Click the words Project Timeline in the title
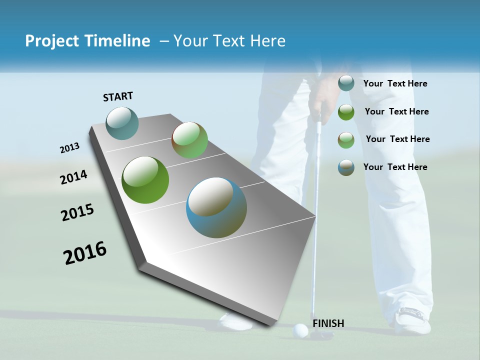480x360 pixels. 87,41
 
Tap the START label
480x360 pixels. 118,96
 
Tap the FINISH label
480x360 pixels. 328,323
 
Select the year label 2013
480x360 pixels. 70,148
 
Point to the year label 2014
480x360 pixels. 73,177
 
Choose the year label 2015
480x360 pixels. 77,212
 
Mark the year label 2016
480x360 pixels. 85,253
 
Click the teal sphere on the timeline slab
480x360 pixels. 122,123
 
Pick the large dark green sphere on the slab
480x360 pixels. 145,180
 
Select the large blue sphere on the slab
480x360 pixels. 216,207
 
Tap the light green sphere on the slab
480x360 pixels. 189,140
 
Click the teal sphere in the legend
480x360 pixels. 346,83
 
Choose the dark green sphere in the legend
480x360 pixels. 346,112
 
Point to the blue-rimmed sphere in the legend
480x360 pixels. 346,167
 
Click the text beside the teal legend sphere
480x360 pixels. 395,84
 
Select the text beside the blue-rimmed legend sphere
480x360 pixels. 395,167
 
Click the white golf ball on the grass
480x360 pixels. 300,330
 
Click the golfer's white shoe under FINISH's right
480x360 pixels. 412,320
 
